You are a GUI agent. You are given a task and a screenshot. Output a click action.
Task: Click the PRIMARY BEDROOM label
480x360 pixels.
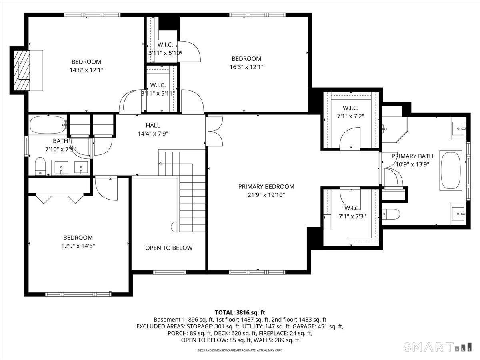click(266, 187)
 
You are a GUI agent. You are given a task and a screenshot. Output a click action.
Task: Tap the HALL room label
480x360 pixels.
click(153, 125)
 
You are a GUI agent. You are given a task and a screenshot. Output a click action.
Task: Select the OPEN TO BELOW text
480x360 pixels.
click(169, 248)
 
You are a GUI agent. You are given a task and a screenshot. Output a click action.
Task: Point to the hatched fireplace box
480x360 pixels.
click(22, 71)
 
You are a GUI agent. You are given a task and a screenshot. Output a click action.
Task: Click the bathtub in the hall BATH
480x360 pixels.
click(48, 125)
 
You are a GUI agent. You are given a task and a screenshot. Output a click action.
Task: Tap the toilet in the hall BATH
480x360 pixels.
click(40, 166)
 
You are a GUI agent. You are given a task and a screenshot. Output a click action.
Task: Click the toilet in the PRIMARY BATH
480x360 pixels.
click(391, 214)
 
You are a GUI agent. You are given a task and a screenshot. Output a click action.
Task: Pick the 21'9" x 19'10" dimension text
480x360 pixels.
click(266, 195)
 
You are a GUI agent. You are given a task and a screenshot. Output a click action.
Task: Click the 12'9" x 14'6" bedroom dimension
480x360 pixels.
click(78, 246)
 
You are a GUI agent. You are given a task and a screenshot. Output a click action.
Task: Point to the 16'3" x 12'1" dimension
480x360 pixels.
click(246, 67)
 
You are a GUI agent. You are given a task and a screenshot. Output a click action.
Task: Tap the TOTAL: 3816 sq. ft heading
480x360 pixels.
click(240, 312)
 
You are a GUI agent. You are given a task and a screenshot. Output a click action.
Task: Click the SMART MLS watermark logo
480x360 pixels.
click(437, 347)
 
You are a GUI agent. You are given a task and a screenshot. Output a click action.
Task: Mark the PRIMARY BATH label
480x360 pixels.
click(412, 156)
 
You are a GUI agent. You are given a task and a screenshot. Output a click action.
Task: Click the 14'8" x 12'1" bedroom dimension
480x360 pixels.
click(86, 70)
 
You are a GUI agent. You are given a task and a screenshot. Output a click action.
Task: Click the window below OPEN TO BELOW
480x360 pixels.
click(170, 272)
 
